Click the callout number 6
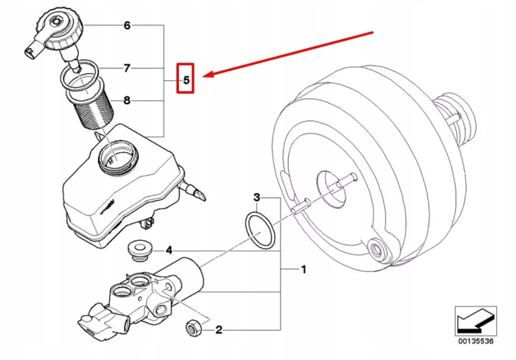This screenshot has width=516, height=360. click(127, 25)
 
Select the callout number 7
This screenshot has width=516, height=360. click(127, 68)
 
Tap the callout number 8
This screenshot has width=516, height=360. click(127, 101)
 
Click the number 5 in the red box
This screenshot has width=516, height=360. click(185, 80)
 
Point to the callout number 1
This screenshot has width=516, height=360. click(303, 270)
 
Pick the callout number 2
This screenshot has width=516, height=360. click(219, 330)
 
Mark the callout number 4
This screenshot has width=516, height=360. click(169, 250)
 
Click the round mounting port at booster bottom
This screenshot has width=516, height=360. click(376, 248)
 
